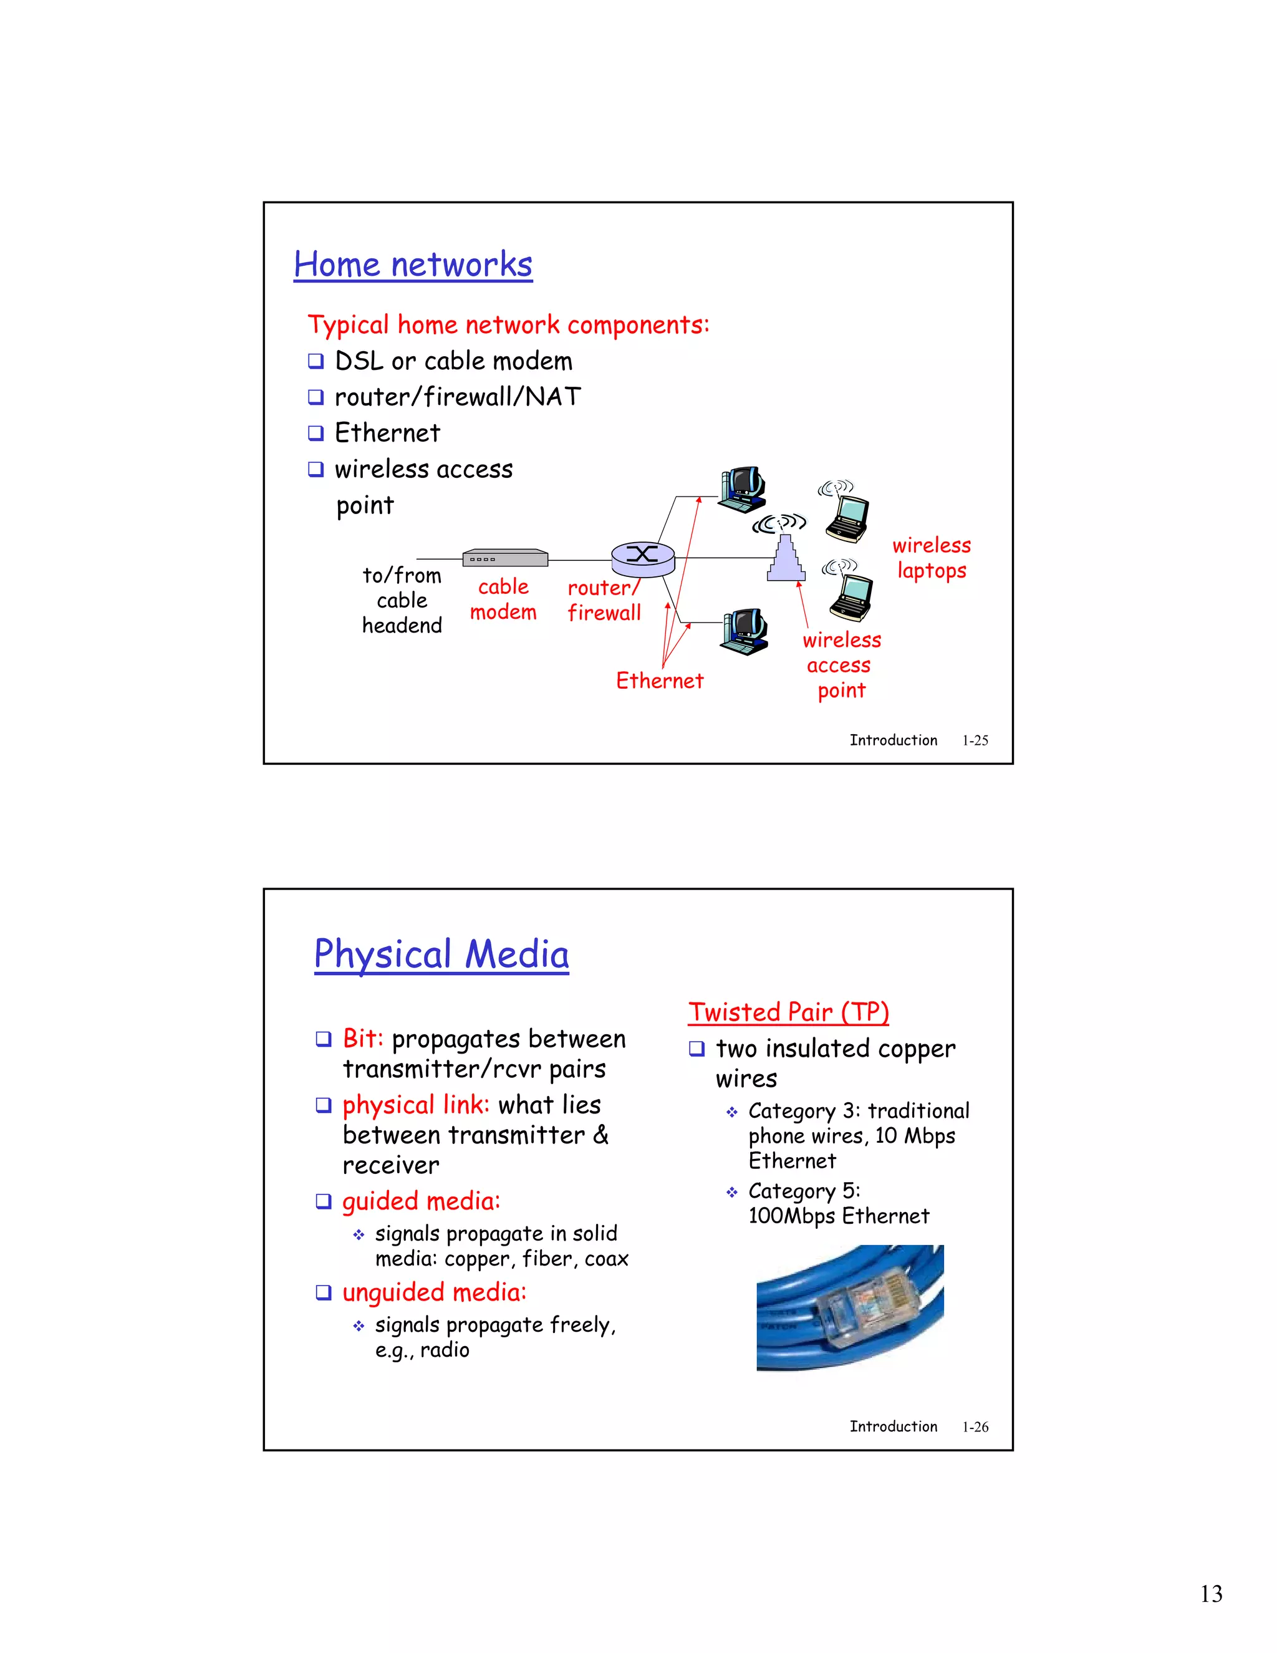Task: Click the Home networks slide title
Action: point(413,265)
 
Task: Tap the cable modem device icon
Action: point(504,558)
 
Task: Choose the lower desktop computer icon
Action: point(745,631)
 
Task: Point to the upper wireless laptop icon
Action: point(847,518)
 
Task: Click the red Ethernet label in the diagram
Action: point(659,681)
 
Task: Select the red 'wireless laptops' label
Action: point(932,558)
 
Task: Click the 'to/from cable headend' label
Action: point(402,600)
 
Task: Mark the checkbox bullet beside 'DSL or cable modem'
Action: point(316,361)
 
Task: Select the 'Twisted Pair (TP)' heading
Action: point(788,1012)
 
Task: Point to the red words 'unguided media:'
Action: point(433,1292)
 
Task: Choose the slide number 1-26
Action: point(975,1427)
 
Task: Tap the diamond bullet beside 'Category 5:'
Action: point(731,1192)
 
